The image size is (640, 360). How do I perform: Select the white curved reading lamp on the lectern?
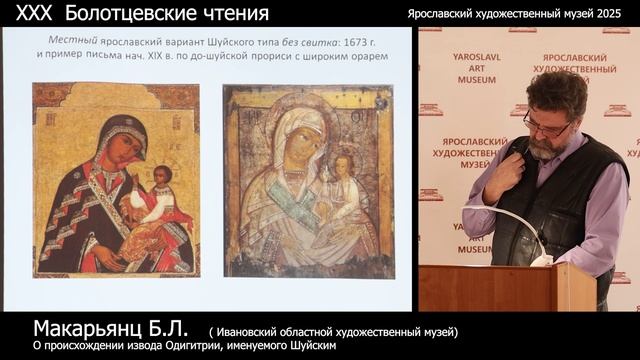pyautogui.click(x=510, y=225)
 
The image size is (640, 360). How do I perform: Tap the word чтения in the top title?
pyautogui.click(x=237, y=13)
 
